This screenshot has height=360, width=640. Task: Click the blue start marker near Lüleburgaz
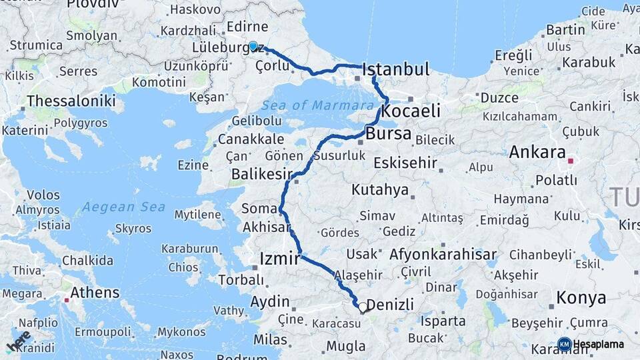point(253,46)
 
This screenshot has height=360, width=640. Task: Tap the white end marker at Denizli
point(363,307)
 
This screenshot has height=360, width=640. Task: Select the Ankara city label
point(537,152)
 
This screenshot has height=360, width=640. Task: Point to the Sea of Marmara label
point(317,105)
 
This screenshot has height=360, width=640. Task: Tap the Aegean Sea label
point(124,207)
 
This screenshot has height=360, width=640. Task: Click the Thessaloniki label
point(71,102)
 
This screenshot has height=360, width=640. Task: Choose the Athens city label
point(95,292)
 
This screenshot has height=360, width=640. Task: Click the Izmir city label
point(278,259)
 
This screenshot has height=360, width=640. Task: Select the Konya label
point(581,297)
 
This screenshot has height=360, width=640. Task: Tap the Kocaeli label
point(411,111)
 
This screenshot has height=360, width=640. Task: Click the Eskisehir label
point(405,163)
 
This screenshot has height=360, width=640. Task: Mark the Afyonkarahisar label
point(443,254)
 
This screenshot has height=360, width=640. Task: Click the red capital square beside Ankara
point(570,161)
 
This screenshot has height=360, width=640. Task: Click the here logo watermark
point(18,341)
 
